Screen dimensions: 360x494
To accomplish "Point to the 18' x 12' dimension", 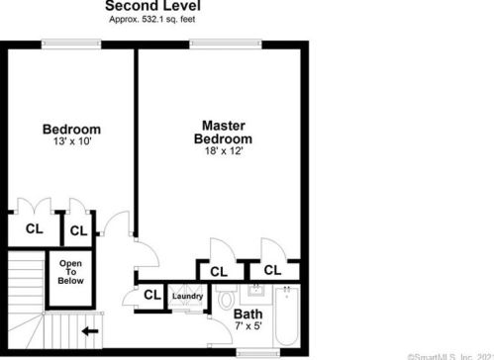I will coord(223,151).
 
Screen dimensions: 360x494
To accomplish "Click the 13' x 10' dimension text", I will coord(71,142).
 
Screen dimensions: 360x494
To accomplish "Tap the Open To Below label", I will coord(70,272).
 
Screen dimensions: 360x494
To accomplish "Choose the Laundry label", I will coord(187,297).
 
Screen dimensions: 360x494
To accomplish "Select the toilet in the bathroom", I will coord(227,298).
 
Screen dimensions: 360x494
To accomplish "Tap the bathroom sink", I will coord(254,291).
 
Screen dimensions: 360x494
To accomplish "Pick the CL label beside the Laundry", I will coord(152,295).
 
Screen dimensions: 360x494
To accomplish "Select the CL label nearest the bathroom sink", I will coord(271,269).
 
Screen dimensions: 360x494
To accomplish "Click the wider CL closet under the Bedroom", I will coord(34,228).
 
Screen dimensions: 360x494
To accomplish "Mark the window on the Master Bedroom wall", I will coord(219,43).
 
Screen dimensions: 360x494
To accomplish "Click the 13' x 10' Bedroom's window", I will coord(70,43).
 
